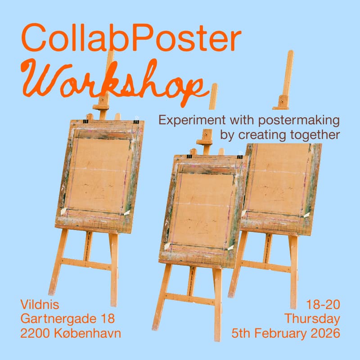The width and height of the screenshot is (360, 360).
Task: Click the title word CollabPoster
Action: (131, 38)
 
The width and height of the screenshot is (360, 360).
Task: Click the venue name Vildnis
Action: (40, 305)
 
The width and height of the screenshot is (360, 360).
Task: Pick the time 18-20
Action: (324, 305)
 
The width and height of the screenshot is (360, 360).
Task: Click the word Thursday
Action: (312, 319)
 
